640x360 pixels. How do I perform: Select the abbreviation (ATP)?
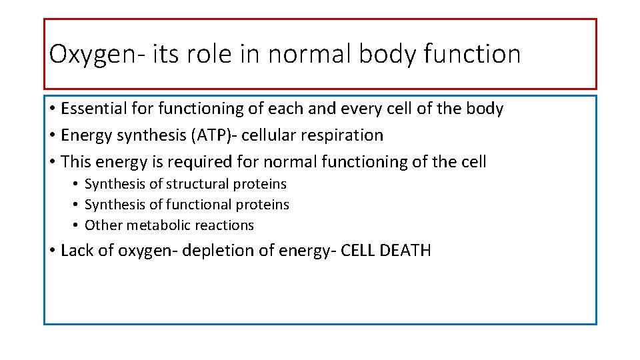click(x=212, y=135)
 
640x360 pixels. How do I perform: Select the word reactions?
click(x=225, y=225)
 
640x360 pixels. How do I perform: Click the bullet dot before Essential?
click(x=51, y=109)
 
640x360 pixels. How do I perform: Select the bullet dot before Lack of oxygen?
click(x=51, y=251)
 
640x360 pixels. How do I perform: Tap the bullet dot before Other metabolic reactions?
click(x=77, y=226)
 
